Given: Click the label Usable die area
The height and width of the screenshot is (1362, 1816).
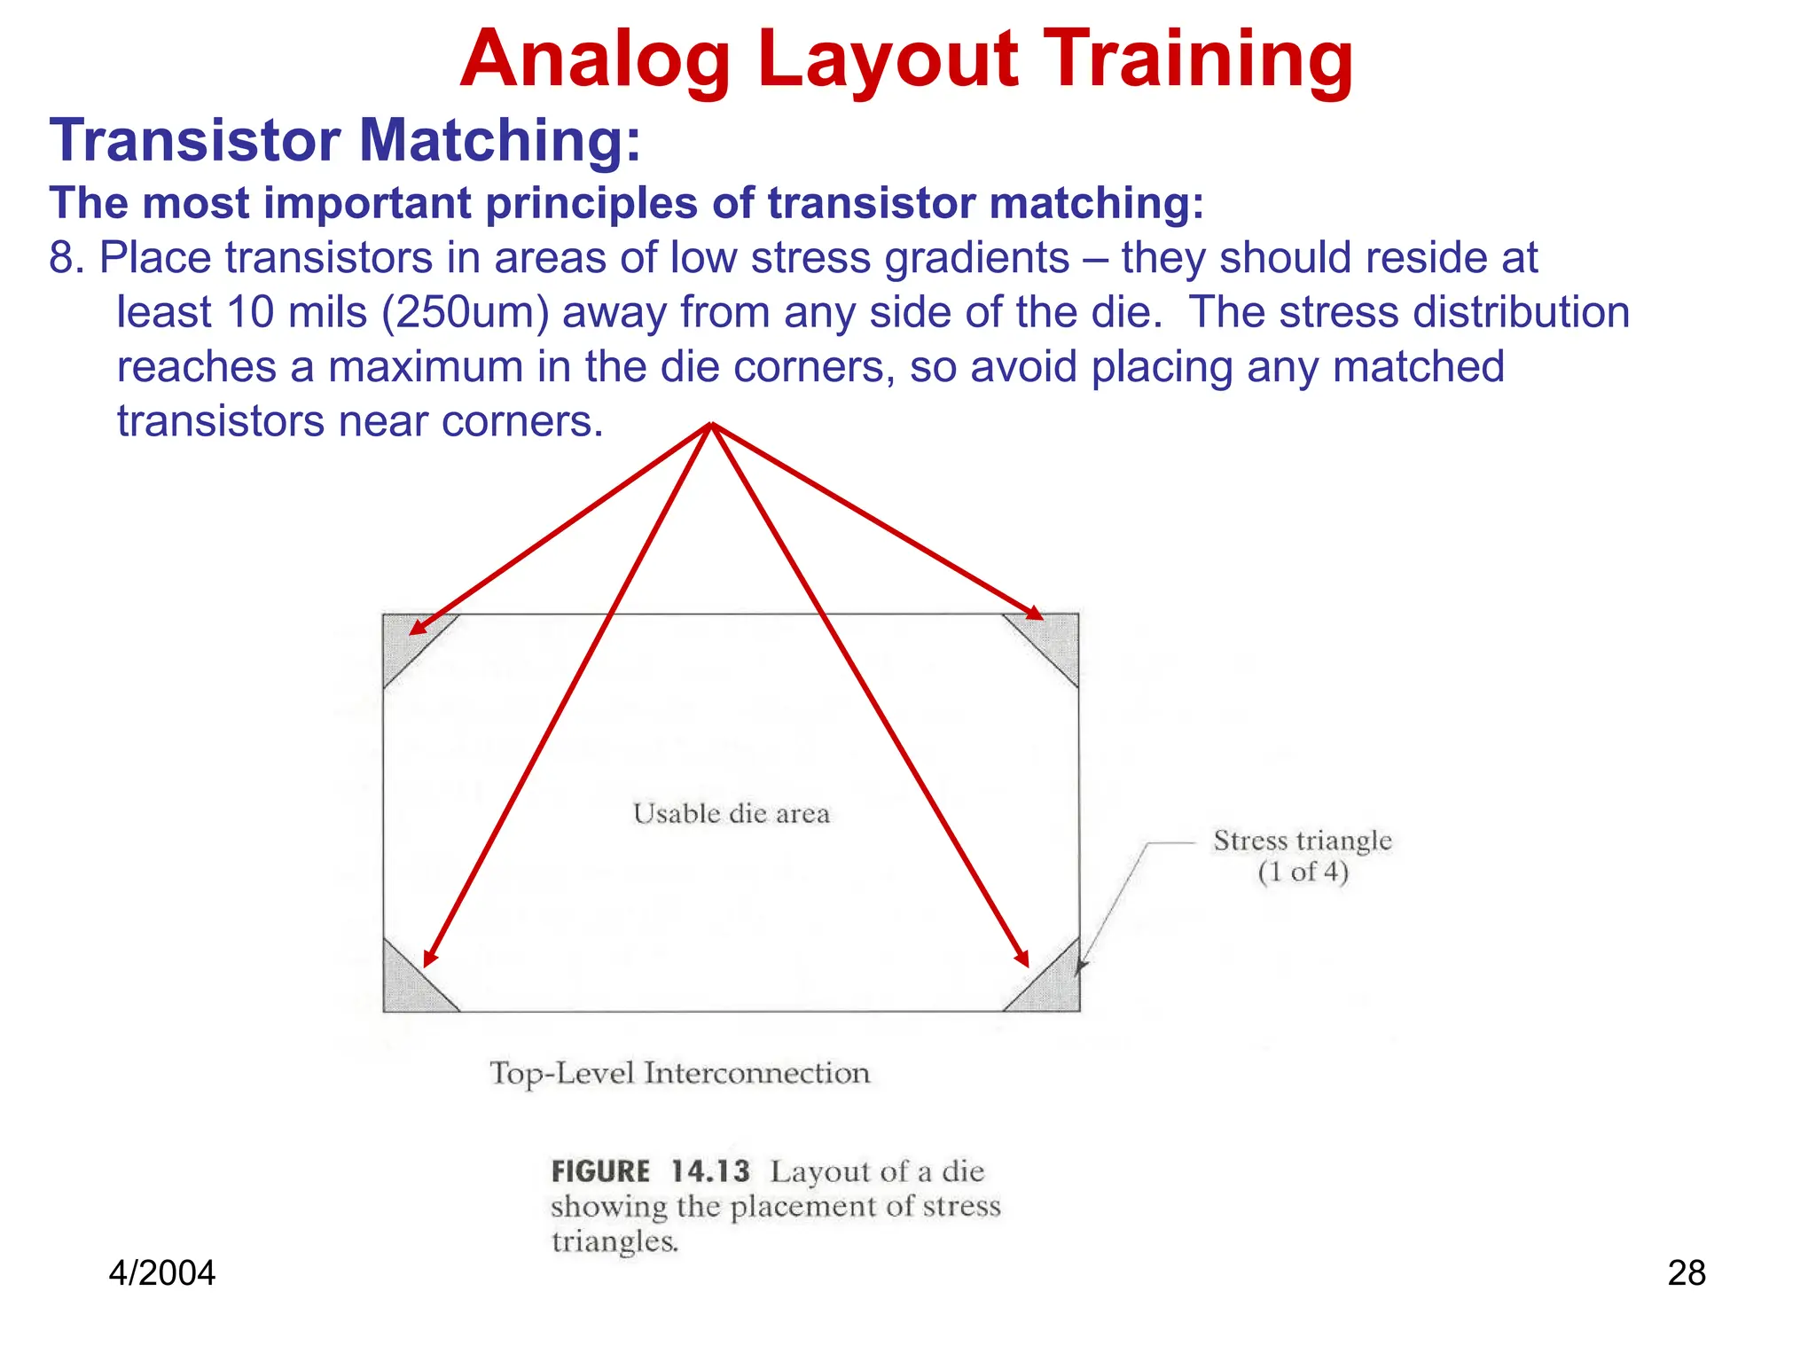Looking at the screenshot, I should (x=732, y=814).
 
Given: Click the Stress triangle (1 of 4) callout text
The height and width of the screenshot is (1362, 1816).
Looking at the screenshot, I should (x=1302, y=856).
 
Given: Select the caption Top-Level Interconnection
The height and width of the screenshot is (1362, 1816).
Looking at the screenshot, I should (x=680, y=1074).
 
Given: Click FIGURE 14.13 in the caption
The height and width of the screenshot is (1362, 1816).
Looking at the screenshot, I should (x=650, y=1171).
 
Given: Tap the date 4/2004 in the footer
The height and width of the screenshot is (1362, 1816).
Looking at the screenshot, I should (x=161, y=1273).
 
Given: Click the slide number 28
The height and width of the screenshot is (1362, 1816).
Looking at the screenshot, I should (x=1687, y=1273).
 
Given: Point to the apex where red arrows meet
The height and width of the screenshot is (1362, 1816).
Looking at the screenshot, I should (x=711, y=425).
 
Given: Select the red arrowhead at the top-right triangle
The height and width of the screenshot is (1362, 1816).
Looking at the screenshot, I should (x=1035, y=613).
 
